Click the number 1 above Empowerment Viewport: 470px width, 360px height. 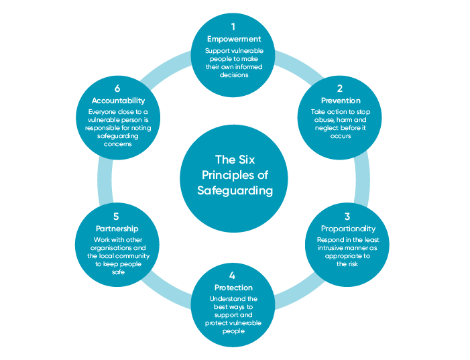(233, 27)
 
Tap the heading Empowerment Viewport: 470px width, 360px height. (233, 39)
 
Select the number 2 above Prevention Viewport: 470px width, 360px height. (340, 88)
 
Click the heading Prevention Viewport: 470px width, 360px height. (341, 101)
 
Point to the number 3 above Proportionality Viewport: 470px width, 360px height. (347, 217)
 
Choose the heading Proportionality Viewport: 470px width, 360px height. (347, 229)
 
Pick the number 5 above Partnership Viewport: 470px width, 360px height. (117, 217)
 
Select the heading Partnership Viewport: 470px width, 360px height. (117, 229)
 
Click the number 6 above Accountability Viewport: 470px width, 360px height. (117, 88)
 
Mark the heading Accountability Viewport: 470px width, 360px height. (117, 101)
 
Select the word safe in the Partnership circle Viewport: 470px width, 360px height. (118, 272)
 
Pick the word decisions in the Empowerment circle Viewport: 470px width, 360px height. (233, 75)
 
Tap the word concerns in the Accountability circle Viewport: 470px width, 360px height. (117, 143)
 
